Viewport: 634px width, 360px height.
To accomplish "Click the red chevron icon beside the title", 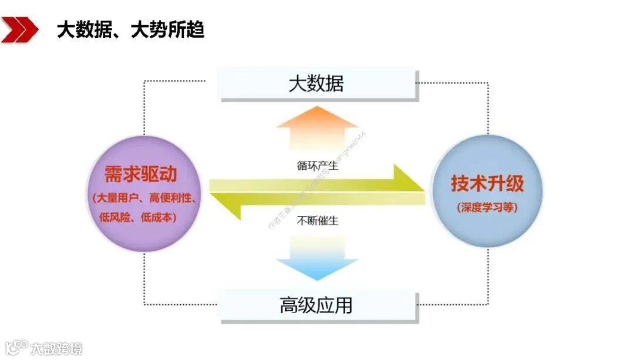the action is (x=19, y=29).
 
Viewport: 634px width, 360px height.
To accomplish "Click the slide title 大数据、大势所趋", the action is (x=130, y=29).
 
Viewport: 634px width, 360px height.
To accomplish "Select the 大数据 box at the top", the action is (x=317, y=83).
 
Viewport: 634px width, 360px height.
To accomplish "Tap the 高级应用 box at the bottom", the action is (x=317, y=305).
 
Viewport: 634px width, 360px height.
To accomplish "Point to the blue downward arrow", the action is (x=317, y=258).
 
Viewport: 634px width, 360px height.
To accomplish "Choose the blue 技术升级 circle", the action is (x=487, y=191).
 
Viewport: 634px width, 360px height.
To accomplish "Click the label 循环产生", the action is (x=317, y=166).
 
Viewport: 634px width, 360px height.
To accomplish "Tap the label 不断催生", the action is (x=317, y=221).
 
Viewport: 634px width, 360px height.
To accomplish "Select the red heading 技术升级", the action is (x=487, y=184).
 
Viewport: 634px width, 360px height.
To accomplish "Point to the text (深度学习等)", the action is (x=487, y=207).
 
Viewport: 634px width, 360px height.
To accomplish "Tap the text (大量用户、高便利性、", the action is (x=144, y=198).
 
